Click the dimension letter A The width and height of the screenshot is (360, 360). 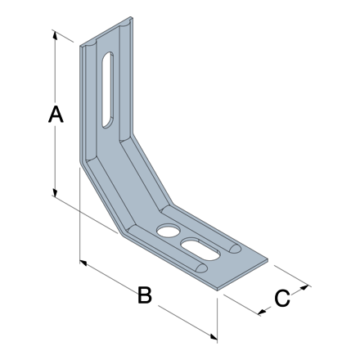(x=54, y=115)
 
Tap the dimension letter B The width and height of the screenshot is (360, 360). (x=144, y=295)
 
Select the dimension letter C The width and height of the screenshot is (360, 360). (x=281, y=299)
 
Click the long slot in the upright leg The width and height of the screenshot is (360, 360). (x=107, y=88)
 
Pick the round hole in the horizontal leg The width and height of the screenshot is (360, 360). (x=167, y=231)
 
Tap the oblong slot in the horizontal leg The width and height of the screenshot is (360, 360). (x=201, y=247)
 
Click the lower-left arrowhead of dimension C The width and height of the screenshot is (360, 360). (x=262, y=311)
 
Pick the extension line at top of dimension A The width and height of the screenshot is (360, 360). (x=67, y=37)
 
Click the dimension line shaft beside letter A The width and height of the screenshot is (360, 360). (x=55, y=155)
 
